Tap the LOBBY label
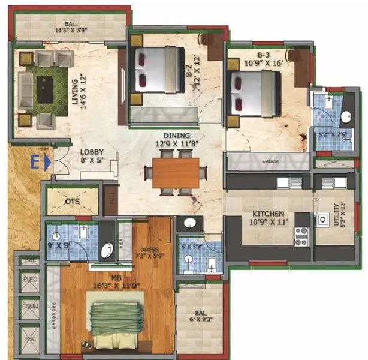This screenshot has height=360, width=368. [92, 152]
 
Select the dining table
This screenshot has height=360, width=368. [176, 172]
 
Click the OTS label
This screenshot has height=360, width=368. [72, 202]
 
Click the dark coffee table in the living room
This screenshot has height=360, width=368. [45, 89]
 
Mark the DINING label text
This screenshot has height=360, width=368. [175, 136]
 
